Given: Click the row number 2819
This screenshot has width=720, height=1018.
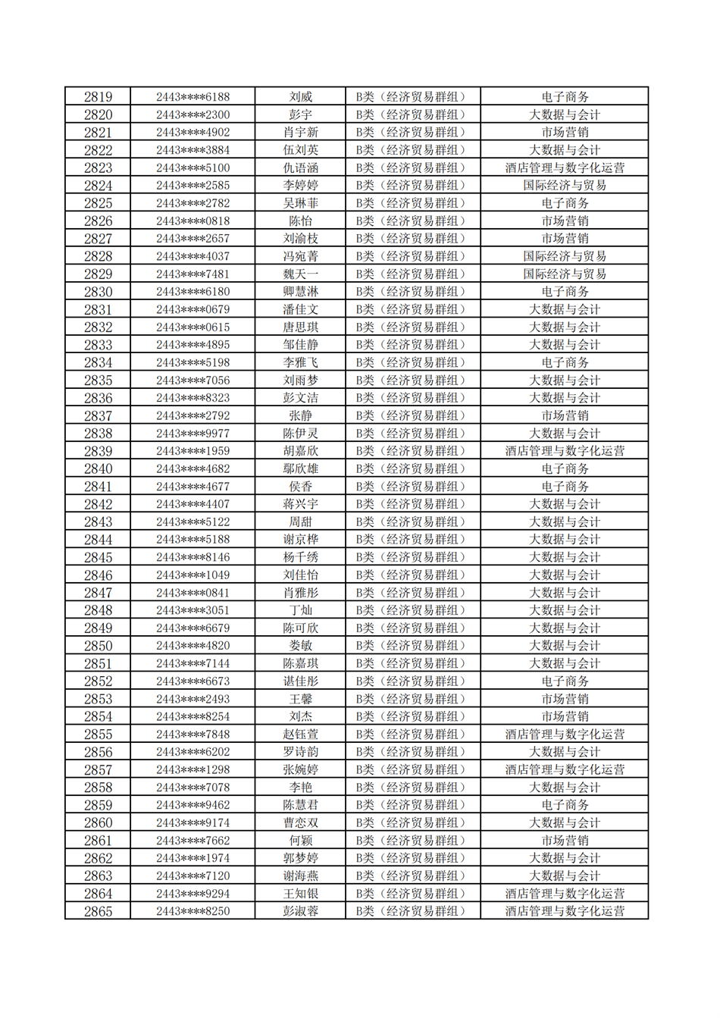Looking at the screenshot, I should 98,97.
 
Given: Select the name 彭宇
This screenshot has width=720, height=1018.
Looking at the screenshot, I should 300,115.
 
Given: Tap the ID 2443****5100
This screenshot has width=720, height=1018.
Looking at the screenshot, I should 193,168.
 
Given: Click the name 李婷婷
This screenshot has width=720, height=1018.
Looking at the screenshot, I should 300,186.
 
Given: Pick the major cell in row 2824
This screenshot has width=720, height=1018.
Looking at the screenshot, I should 564,186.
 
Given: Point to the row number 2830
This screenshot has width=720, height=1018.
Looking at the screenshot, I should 98,292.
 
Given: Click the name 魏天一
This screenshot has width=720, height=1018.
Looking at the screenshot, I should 300,274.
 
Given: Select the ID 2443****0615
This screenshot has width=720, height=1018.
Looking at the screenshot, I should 193,327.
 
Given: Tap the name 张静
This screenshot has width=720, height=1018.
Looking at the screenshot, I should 300,416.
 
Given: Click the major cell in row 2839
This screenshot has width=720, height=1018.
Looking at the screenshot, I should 564,451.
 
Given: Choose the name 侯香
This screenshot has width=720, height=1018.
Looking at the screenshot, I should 300,487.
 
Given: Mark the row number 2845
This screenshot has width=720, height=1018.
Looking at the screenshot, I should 98,557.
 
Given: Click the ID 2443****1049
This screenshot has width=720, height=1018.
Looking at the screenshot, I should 193,575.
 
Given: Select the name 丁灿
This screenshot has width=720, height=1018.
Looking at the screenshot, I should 300,610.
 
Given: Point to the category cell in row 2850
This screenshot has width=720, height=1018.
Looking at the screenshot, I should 412,646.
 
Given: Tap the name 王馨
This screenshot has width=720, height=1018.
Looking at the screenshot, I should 300,699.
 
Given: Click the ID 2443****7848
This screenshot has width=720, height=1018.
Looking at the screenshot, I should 193,735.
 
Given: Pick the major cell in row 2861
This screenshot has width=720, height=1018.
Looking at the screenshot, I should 564,841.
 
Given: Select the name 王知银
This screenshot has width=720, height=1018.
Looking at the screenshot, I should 300,894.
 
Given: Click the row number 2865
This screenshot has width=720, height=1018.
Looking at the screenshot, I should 98,911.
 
